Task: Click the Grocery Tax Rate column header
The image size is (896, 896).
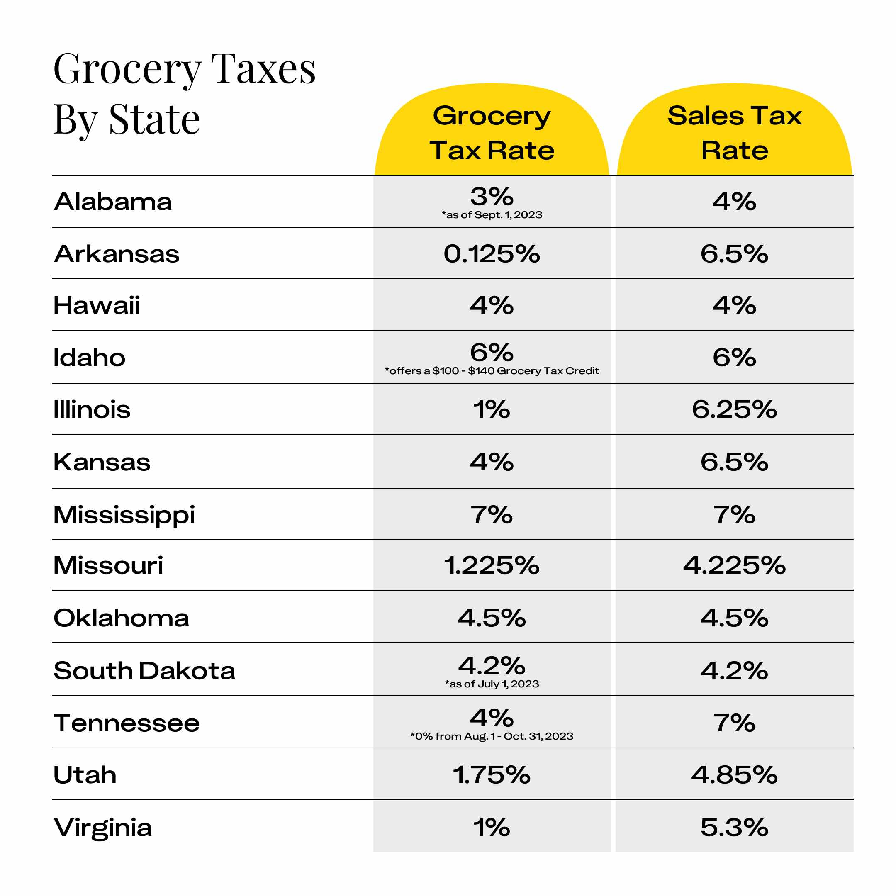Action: tap(492, 133)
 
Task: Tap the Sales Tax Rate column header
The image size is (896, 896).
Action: tap(734, 133)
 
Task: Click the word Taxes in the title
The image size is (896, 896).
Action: tap(263, 70)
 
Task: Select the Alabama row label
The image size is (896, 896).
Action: tap(113, 202)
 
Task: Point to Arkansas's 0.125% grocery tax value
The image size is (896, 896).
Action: tap(492, 254)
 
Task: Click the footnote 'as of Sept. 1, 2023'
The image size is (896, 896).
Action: tap(492, 215)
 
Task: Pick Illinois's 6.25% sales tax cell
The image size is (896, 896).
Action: tap(734, 409)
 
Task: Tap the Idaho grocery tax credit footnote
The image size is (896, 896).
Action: tap(492, 370)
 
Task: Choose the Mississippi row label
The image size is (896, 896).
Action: tap(124, 515)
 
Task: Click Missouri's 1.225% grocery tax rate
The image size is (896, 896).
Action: tap(492, 565)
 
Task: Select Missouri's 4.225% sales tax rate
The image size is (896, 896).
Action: tap(734, 565)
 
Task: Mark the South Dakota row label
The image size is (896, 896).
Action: tap(144, 671)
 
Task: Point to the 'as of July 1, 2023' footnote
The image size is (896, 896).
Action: tap(492, 684)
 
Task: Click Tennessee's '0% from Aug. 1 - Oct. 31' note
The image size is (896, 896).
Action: tap(492, 736)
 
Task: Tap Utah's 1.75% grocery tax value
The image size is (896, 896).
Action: tap(492, 775)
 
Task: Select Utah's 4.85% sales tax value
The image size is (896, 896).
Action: tap(734, 775)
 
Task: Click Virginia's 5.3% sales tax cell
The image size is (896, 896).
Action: tap(734, 828)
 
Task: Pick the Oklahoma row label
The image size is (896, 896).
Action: tap(122, 618)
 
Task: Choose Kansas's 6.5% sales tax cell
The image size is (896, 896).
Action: tap(734, 462)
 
